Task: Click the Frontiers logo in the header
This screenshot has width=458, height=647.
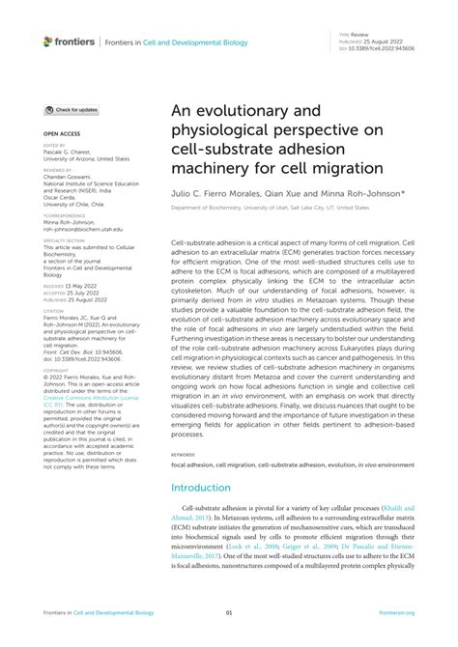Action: click(x=70, y=41)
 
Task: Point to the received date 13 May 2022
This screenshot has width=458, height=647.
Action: click(x=85, y=287)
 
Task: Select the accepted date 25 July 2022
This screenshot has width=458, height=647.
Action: click(x=85, y=294)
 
